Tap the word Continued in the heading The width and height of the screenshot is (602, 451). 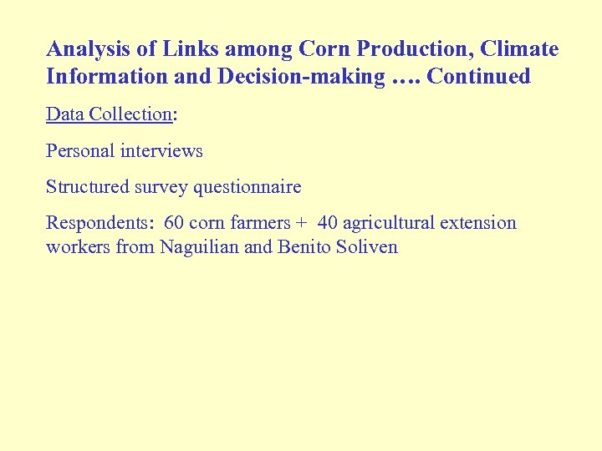pos(478,77)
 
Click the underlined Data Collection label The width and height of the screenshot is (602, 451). pos(108,114)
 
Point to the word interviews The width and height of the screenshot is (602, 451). pos(162,151)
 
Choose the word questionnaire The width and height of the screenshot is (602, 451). pos(247,187)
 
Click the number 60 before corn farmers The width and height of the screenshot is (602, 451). pos(175,223)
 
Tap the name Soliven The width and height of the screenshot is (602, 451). pos(367,247)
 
